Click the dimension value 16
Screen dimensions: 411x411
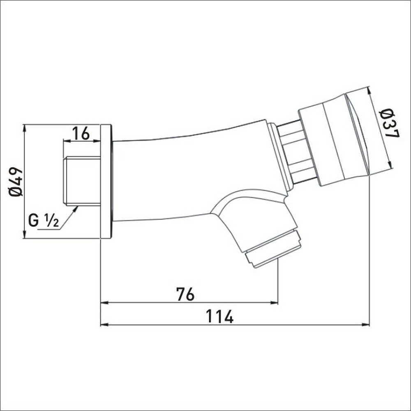point(81,133)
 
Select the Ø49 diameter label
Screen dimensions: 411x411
point(15,181)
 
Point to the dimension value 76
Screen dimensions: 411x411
point(185,294)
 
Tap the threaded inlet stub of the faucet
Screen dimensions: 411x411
point(82,180)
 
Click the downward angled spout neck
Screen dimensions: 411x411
point(251,218)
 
